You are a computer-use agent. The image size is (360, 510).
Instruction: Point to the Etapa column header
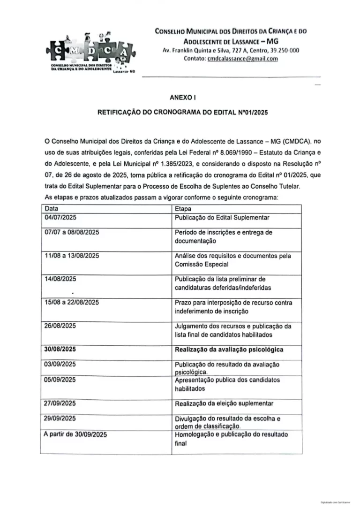click(x=182, y=208)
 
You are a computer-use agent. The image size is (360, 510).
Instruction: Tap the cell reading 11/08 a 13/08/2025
click(x=71, y=256)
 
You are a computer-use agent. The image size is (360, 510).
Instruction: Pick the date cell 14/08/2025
click(x=60, y=279)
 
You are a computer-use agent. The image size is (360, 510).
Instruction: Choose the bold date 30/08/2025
click(x=61, y=350)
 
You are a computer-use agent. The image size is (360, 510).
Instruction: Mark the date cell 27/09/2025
click(x=60, y=403)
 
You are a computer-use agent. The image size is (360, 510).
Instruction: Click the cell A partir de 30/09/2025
click(x=75, y=434)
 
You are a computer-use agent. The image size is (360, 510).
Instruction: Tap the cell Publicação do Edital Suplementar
click(x=222, y=218)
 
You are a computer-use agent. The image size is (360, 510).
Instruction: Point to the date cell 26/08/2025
click(x=60, y=326)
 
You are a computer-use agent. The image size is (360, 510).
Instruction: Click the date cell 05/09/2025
click(x=60, y=380)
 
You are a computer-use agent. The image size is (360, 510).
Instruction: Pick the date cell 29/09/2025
click(x=60, y=418)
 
